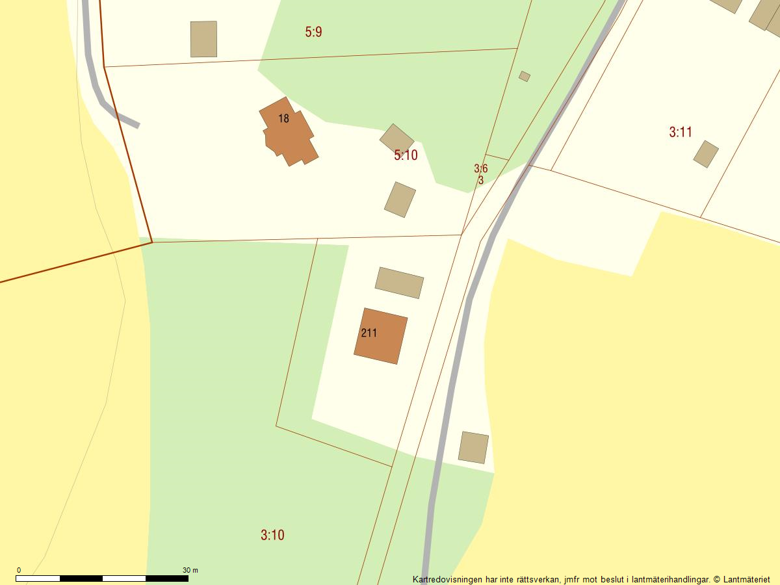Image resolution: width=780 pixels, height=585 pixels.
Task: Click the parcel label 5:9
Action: (x=313, y=32)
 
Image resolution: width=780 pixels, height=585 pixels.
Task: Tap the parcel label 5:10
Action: (x=406, y=155)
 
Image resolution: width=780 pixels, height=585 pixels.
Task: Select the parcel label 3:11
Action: (x=681, y=133)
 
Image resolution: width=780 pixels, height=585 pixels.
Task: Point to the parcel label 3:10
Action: (x=272, y=536)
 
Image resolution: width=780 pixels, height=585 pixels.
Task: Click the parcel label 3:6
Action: (x=480, y=169)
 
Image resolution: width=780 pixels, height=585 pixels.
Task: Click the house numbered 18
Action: (x=289, y=133)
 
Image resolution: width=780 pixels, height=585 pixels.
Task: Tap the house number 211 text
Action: (x=369, y=333)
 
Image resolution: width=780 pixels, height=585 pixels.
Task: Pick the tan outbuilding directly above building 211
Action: (x=399, y=283)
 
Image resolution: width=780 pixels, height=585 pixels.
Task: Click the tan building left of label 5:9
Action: (x=203, y=39)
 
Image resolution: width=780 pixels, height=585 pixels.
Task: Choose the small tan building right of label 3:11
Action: (x=705, y=154)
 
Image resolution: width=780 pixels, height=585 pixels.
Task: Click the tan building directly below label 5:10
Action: (x=400, y=200)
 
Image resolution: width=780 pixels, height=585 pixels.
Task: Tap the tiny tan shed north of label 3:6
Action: (x=525, y=77)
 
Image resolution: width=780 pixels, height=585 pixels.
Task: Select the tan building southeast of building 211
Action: (x=473, y=447)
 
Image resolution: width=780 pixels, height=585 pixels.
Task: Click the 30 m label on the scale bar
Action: (x=190, y=570)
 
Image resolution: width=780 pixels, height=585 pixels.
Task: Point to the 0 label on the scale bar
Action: (x=18, y=570)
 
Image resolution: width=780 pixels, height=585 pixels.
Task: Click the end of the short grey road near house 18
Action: (x=137, y=125)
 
